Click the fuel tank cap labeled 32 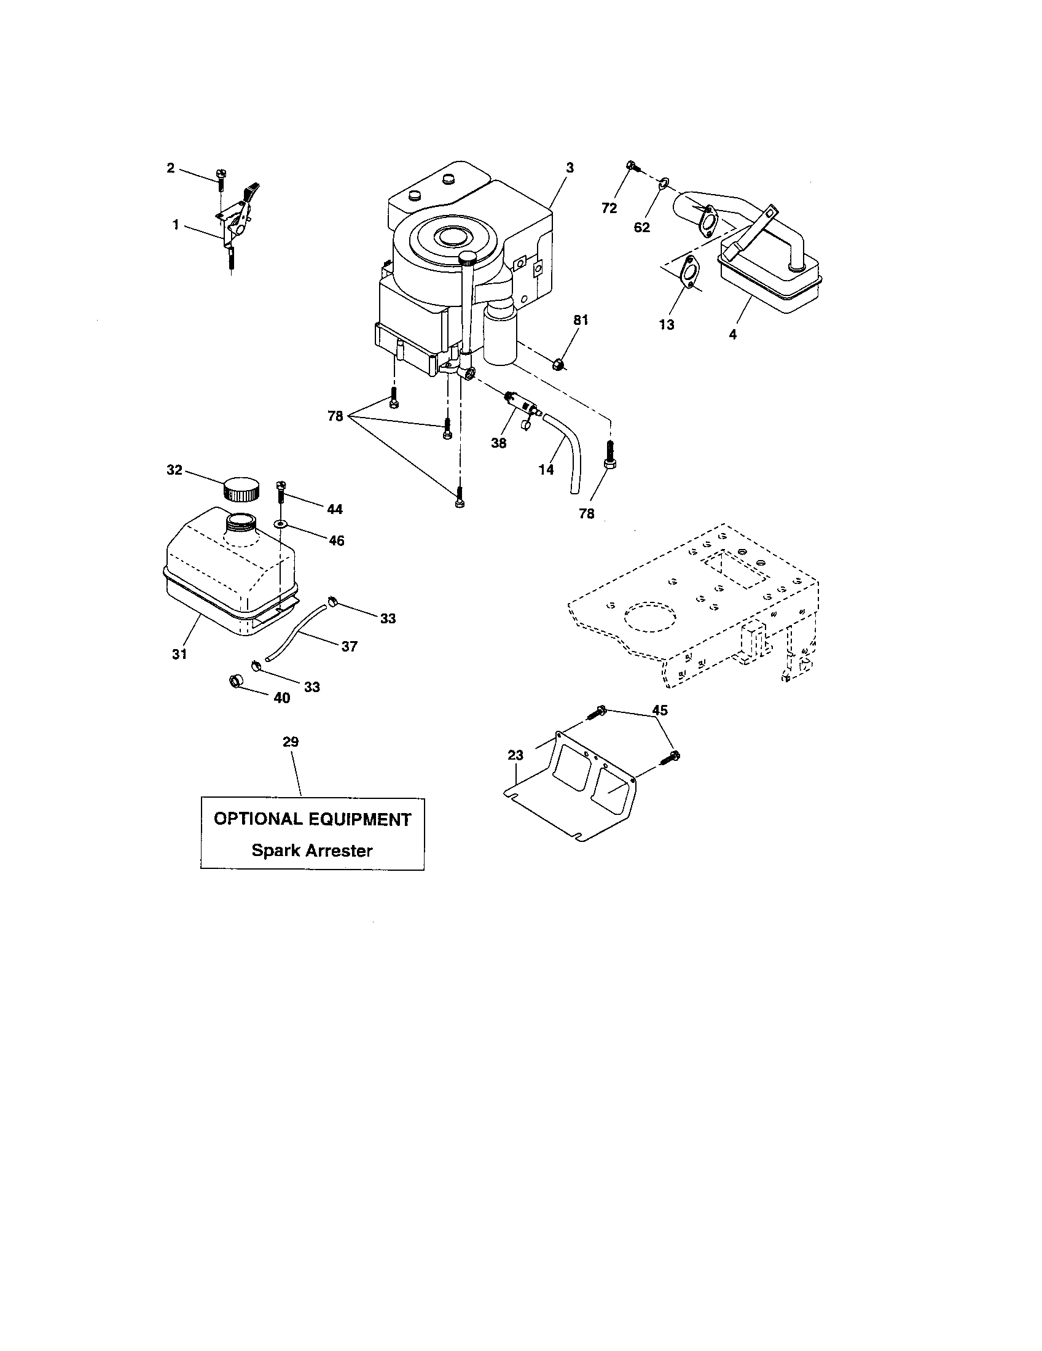click(x=240, y=488)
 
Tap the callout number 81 click(x=581, y=320)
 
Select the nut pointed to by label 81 click(x=557, y=364)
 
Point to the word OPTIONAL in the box click(x=254, y=819)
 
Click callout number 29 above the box click(x=291, y=741)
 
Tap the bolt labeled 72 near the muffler click(x=631, y=165)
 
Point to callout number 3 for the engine click(x=570, y=168)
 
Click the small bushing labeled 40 click(x=236, y=681)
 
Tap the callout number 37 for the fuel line click(x=350, y=646)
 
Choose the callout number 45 click(x=660, y=710)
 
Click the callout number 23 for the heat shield click(x=515, y=755)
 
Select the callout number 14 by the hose click(x=546, y=470)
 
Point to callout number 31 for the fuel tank click(x=179, y=654)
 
